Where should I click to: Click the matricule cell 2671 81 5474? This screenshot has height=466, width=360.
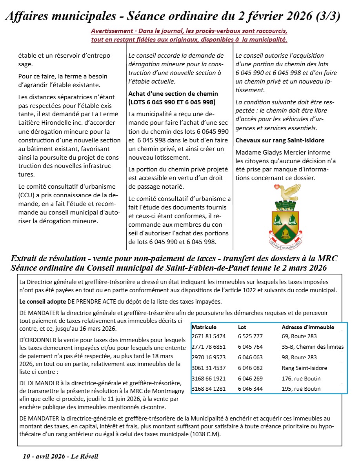click(209, 336)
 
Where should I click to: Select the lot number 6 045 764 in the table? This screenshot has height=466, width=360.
click(250, 347)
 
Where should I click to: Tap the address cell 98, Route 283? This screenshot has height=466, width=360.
click(299, 357)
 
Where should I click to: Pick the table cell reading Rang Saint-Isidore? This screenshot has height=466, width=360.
click(304, 368)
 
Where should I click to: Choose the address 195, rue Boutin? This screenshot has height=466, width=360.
click(301, 389)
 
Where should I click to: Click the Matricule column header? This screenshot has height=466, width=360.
click(204, 327)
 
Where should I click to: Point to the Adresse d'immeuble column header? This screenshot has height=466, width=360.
click(308, 327)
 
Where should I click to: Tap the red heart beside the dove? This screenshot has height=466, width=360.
click(276, 187)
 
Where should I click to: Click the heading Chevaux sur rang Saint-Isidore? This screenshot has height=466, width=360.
click(280, 140)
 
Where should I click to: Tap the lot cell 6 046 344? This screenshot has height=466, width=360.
click(250, 389)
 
